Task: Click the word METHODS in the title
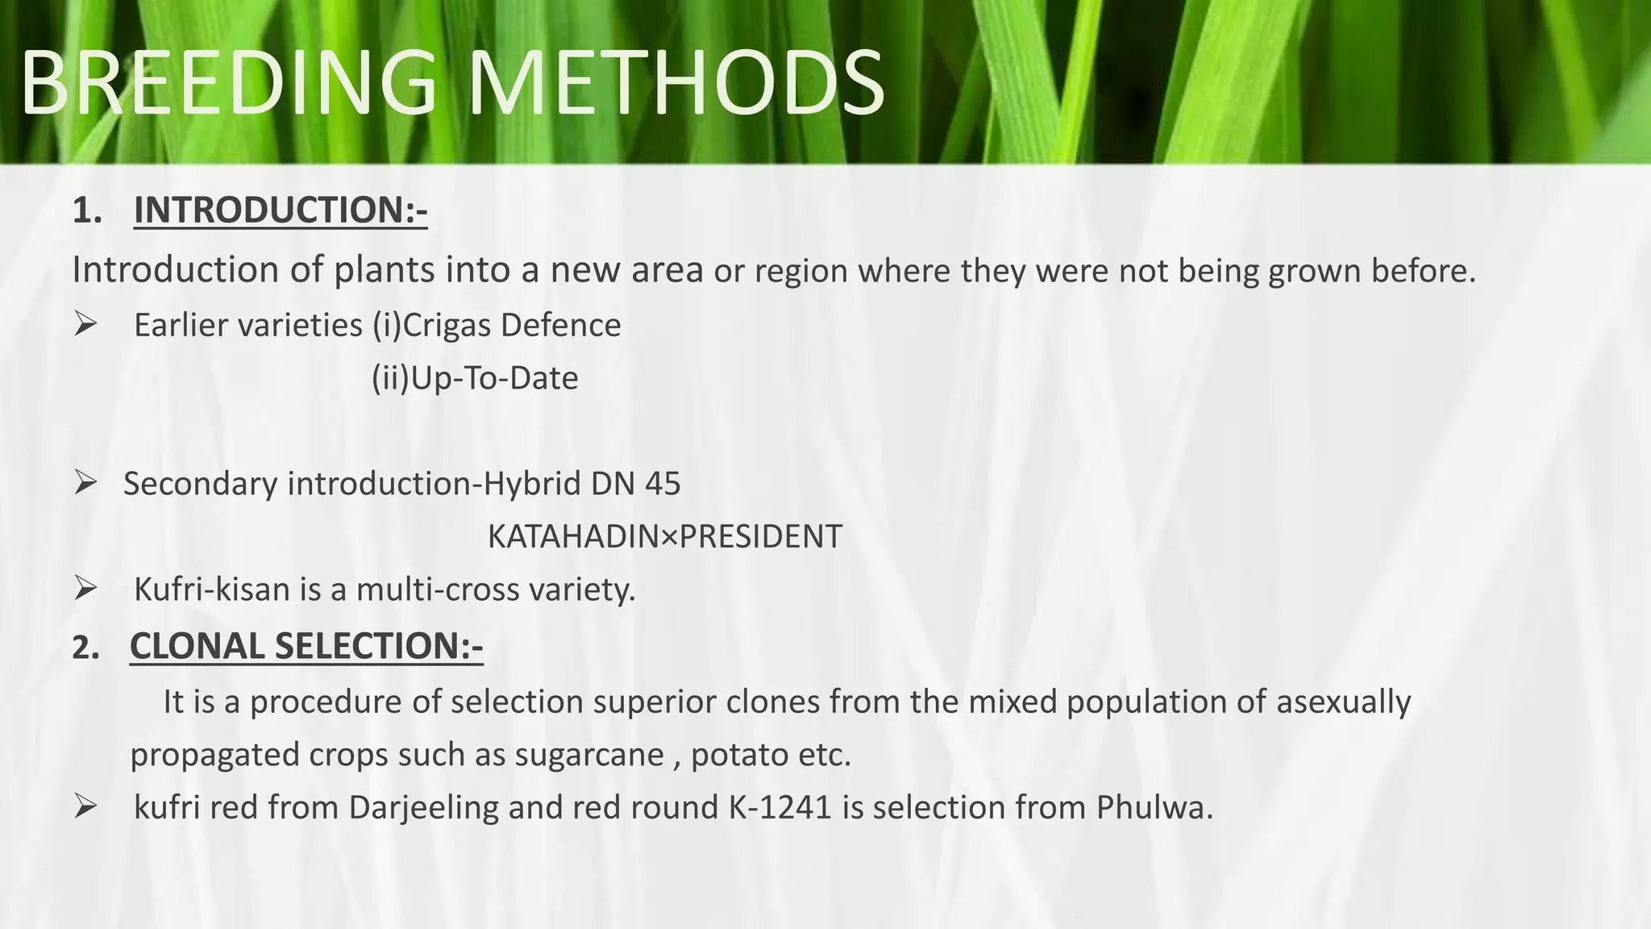tap(676, 84)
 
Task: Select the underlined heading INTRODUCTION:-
tap(280, 210)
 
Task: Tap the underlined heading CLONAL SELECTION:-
tap(306, 646)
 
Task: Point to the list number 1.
tap(86, 211)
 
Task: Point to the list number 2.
tap(85, 648)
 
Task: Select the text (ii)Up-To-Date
tap(474, 378)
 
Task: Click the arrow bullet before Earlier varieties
tap(85, 324)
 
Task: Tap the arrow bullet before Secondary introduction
tap(85, 483)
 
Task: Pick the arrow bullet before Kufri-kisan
tap(85, 589)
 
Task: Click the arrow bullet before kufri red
tap(85, 806)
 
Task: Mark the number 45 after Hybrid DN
tap(662, 484)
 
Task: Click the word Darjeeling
tap(424, 807)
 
